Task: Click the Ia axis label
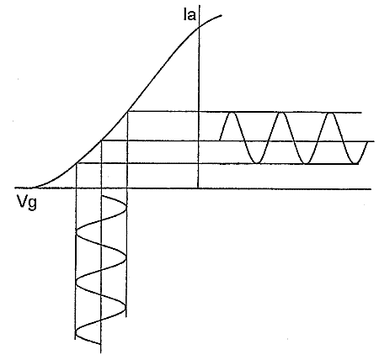pos(189,15)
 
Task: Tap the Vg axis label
pos(27,202)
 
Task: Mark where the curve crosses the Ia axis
pos(200,27)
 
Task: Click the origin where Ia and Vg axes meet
pos(198,188)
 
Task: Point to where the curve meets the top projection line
pos(128,112)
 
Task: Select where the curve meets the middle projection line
pos(101,140)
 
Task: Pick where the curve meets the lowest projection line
pos(77,163)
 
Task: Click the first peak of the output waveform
pos(232,113)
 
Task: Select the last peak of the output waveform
pos(330,113)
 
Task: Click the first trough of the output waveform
pos(257,162)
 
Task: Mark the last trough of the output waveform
pos(355,163)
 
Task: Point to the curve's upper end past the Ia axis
pos(222,15)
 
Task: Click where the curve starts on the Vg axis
pos(31,188)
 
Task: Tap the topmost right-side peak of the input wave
pos(126,205)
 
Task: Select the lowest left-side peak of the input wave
pos(76,334)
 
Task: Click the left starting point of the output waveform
pos(220,140)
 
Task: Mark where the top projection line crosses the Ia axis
pos(199,112)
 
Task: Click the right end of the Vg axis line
pos(371,189)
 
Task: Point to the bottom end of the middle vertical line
pos(100,352)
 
